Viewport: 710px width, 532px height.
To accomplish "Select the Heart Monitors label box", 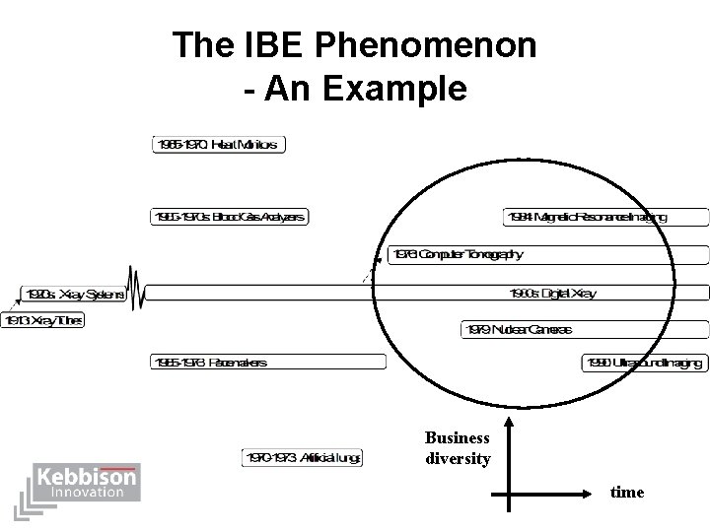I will click(x=218, y=145).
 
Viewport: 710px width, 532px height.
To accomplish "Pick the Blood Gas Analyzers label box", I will click(x=229, y=216).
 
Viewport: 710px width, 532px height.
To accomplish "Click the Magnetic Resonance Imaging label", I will click(x=587, y=216).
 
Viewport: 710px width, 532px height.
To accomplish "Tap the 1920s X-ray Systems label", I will click(x=74, y=294).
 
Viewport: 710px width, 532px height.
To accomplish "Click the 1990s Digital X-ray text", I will click(x=552, y=293).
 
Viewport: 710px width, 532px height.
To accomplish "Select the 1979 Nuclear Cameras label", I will click(x=518, y=329).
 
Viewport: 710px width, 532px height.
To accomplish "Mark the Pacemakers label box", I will click(x=210, y=362).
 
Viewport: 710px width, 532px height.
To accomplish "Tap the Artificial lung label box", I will click(x=303, y=457).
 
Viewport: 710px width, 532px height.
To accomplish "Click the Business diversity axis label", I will click(x=458, y=448).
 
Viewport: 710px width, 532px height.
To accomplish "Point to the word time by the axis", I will click(x=627, y=492).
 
